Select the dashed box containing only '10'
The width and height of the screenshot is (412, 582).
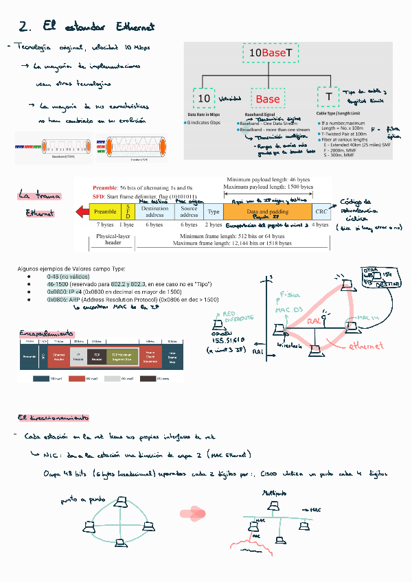[x=204, y=98]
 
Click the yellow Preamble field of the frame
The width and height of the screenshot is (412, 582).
[x=105, y=211]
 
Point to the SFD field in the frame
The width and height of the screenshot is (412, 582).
[x=126, y=211]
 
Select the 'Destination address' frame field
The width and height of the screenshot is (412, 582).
[x=154, y=211]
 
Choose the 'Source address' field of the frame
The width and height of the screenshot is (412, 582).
[x=189, y=211]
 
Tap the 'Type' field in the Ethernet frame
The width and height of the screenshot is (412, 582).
[x=214, y=211]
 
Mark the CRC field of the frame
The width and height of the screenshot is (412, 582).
[x=321, y=211]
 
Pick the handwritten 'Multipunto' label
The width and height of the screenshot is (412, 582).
[x=275, y=494]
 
